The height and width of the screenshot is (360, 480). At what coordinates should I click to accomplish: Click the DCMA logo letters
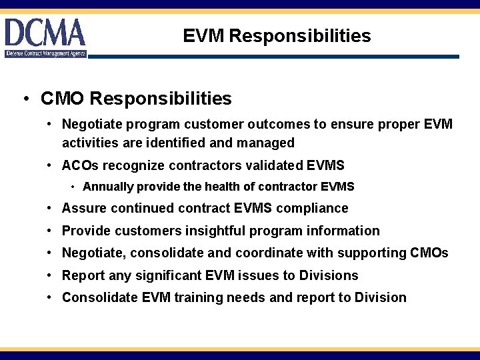[45, 33]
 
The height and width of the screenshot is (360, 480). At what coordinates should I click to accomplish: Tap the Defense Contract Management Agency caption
[46, 53]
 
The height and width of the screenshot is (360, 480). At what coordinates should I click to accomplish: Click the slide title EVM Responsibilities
[277, 35]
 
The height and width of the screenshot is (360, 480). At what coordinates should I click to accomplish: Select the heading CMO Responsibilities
[136, 99]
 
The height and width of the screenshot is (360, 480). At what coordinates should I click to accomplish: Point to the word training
[199, 297]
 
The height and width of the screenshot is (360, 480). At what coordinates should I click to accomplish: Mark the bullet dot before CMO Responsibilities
[25, 99]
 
